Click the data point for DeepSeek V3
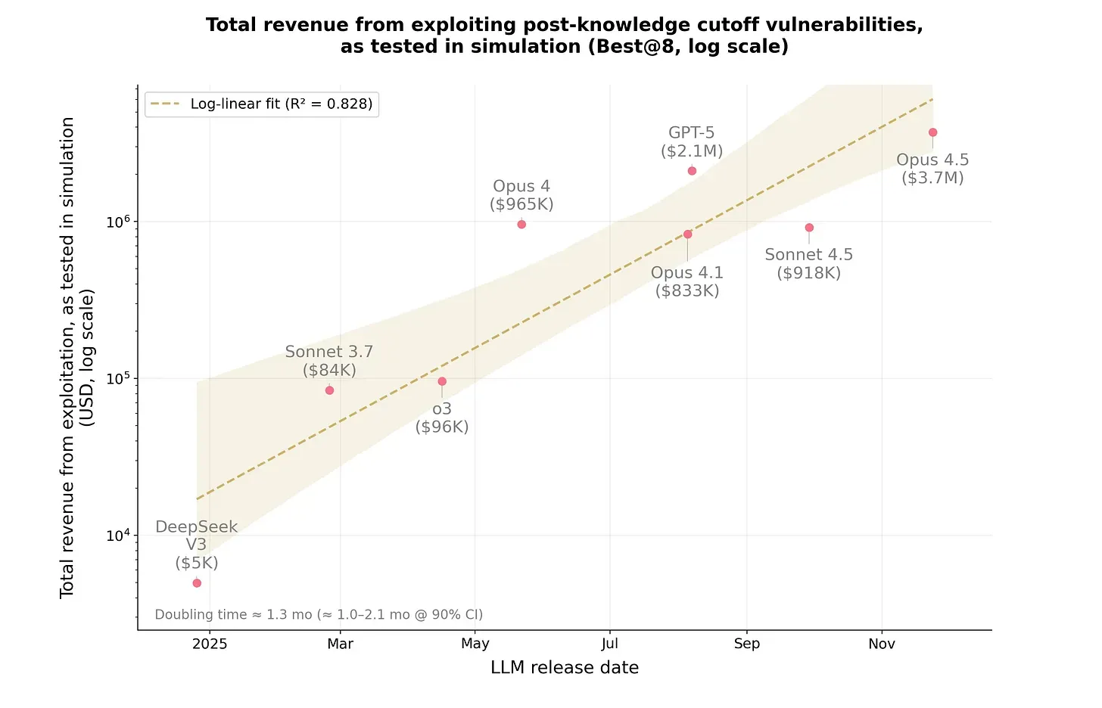click(x=197, y=583)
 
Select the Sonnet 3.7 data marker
click(x=329, y=390)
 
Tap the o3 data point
click(x=442, y=381)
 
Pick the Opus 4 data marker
click(x=521, y=225)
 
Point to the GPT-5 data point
click(x=692, y=171)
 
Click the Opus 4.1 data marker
click(x=687, y=234)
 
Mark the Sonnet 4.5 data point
click(x=809, y=228)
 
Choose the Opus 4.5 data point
click(x=932, y=132)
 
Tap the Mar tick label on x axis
click(x=340, y=644)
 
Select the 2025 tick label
click(x=210, y=644)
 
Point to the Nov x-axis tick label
click(x=882, y=644)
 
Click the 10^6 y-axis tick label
click(x=118, y=222)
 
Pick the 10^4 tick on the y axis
click(x=118, y=536)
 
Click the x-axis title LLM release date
click(x=565, y=668)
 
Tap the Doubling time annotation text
click(x=319, y=615)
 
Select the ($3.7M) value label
click(x=932, y=179)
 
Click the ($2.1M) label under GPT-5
click(x=692, y=151)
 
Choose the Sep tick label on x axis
click(x=747, y=644)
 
